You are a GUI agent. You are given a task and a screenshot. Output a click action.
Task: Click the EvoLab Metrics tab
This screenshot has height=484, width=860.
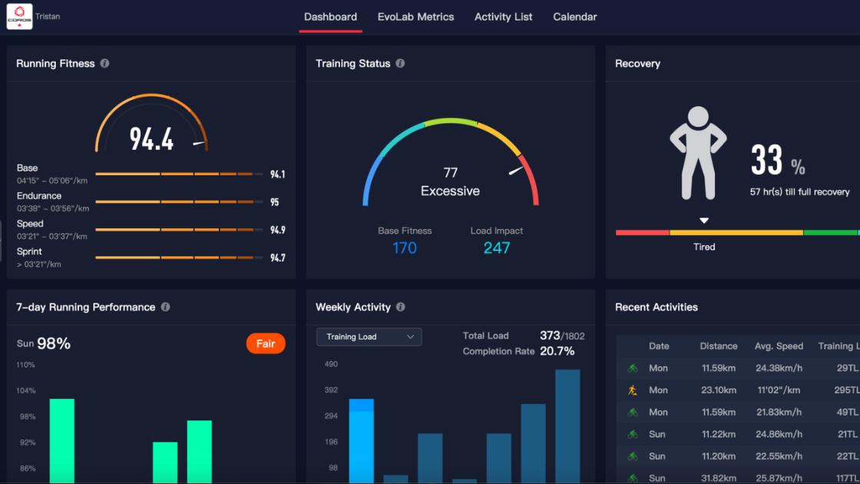(x=415, y=17)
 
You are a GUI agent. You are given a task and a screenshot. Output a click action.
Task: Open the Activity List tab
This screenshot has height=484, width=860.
(x=503, y=17)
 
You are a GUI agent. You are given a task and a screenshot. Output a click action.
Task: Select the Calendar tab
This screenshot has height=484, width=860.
(x=574, y=17)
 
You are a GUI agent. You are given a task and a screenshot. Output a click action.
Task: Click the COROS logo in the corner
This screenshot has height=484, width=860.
(x=19, y=16)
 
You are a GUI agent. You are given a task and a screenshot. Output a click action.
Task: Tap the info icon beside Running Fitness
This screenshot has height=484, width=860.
(x=104, y=64)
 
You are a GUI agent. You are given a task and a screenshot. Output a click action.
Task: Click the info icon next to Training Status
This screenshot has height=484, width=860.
(x=400, y=64)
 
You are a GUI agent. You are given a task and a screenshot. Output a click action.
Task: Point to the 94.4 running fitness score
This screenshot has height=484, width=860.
(x=151, y=139)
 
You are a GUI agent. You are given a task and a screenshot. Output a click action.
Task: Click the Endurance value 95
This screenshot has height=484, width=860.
(x=274, y=203)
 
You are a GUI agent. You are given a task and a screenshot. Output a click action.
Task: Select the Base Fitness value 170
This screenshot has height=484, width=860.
(x=405, y=247)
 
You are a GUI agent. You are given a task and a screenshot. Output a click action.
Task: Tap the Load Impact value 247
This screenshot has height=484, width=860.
(x=497, y=247)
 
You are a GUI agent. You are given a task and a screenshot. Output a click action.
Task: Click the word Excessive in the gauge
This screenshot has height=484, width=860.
(x=450, y=191)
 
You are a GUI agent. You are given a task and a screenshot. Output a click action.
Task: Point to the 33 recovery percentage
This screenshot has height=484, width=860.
(x=767, y=161)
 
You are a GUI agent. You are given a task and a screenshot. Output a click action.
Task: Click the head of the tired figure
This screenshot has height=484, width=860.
(x=698, y=118)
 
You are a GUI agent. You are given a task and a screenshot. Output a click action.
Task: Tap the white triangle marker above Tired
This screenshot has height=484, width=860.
(x=703, y=221)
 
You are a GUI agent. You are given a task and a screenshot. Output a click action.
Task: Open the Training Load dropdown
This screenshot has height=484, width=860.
(x=369, y=336)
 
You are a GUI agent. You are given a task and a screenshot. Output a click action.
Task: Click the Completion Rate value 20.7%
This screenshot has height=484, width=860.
(x=557, y=351)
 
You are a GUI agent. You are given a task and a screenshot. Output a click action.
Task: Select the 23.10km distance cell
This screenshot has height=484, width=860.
(x=718, y=390)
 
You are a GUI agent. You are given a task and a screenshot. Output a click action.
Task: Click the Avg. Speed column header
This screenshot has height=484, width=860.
(x=778, y=346)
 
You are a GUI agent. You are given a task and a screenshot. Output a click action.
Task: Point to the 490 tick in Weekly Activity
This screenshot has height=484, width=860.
(x=331, y=365)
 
